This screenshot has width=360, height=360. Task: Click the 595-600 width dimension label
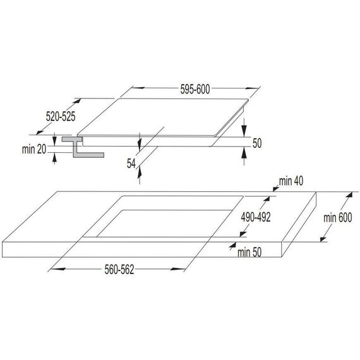tap(195, 89)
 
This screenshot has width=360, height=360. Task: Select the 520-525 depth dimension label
tap(61, 116)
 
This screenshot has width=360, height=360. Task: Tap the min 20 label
tap(34, 149)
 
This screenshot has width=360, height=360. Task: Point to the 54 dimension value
tap(131, 164)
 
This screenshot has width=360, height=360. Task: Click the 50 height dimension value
tap(257, 143)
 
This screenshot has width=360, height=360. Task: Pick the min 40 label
tap(291, 181)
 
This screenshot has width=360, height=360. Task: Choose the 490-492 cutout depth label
tap(256, 217)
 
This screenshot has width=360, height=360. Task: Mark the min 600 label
tap(338, 218)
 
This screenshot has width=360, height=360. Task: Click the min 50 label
tap(249, 253)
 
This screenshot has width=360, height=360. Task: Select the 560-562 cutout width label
tap(119, 270)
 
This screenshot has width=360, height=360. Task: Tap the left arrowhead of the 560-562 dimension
tap(58, 268)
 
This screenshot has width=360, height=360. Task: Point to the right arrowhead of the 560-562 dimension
tap(177, 269)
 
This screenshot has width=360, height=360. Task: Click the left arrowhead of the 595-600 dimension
tap(138, 88)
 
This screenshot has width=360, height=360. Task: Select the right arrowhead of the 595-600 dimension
tap(252, 88)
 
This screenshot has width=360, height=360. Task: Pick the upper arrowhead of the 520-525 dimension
tap(78, 101)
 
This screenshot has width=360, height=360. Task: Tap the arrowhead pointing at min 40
tap(276, 189)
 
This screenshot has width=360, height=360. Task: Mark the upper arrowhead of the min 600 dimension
tap(349, 195)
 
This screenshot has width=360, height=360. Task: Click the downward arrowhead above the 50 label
tap(244, 132)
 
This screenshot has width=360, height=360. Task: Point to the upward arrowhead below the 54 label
tap(140, 173)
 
